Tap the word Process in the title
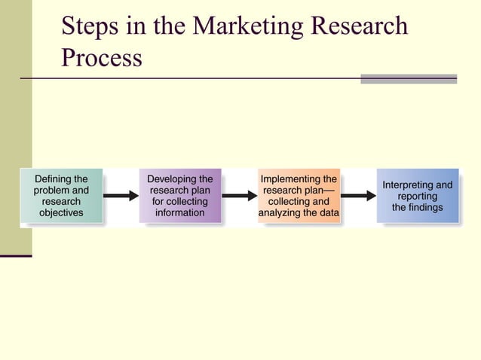(101, 59)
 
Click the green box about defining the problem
(61, 196)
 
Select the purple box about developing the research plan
(180, 196)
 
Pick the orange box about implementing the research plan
(299, 196)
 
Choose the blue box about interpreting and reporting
(418, 196)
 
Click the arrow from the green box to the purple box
(121, 196)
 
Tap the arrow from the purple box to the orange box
(240, 196)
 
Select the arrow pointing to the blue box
(358, 196)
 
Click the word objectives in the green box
(61, 213)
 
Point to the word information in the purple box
(180, 213)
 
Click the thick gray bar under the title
(409, 78)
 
